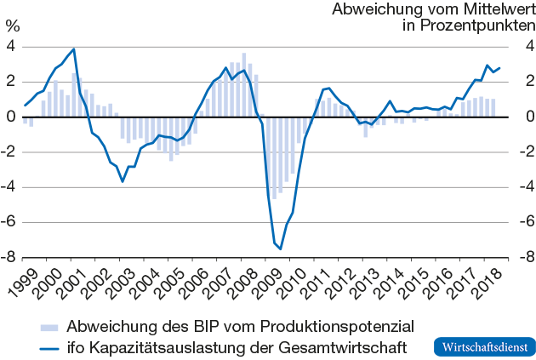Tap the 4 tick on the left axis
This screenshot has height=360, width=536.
tap(12, 47)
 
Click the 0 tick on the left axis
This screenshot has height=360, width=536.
tap(12, 117)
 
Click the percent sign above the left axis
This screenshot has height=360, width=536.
tap(12, 26)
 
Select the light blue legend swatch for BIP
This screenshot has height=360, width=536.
tap(48, 326)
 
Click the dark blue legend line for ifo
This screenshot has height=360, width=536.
tap(48, 346)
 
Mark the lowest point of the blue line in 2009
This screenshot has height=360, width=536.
tap(281, 249)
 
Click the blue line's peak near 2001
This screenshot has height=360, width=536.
tap(74, 49)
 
